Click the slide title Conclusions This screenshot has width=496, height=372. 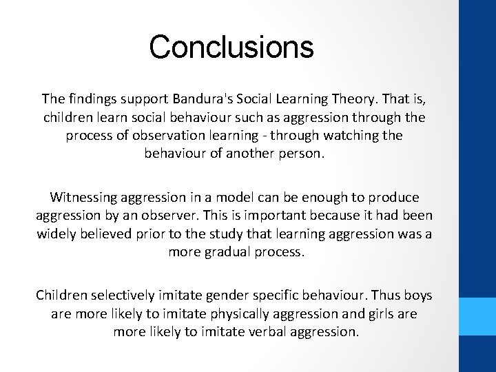tap(231, 47)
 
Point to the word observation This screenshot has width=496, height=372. tap(158, 135)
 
